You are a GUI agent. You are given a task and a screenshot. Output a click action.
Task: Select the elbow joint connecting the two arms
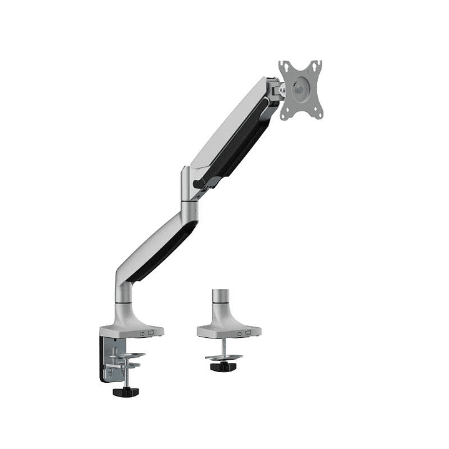pos(189,190)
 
